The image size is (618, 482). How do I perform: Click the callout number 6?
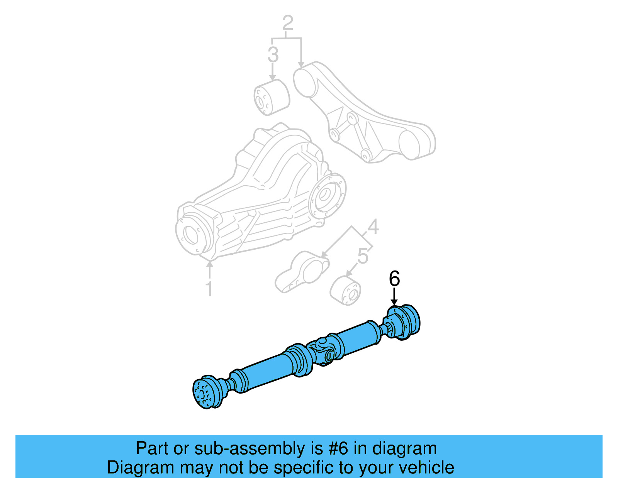tap(394, 278)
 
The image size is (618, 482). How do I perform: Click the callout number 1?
tap(209, 289)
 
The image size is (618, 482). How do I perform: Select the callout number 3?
tap(273, 54)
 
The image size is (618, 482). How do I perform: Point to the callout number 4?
tap(373, 227)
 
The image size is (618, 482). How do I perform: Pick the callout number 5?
tap(363, 256)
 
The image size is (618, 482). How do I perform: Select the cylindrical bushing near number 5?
tap(345, 291)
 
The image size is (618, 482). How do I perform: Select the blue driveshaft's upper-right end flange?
tap(406, 322)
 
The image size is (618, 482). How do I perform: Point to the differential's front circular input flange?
tap(191, 233)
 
